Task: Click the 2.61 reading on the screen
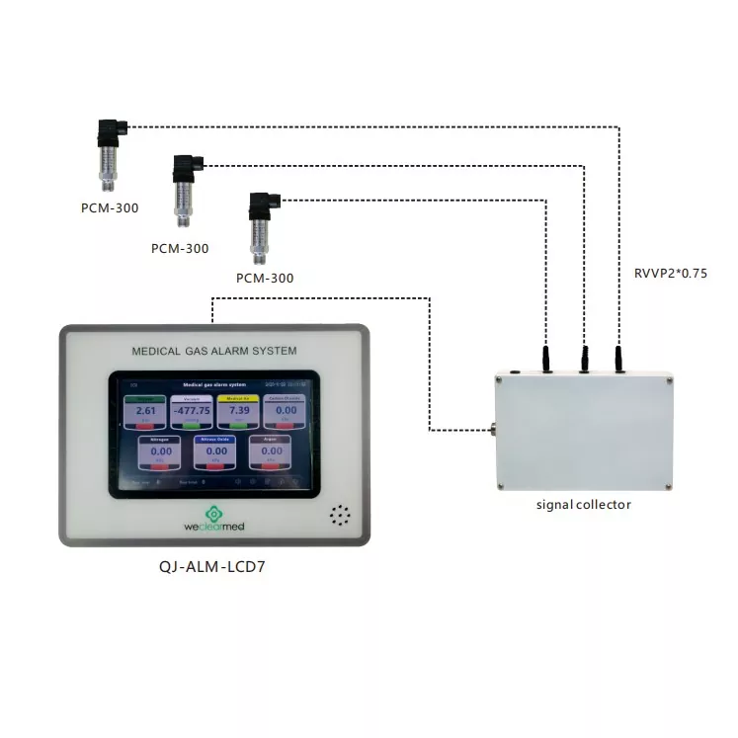click(146, 410)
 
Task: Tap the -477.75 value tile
click(192, 410)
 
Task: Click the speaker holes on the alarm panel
click(341, 515)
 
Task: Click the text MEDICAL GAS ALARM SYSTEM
click(213, 351)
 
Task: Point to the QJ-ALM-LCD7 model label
click(213, 568)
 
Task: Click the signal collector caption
click(583, 505)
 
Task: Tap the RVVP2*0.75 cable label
click(670, 274)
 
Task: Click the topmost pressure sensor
click(108, 152)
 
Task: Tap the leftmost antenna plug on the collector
click(545, 359)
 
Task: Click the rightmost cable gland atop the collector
click(619, 359)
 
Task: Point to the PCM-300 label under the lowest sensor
click(264, 278)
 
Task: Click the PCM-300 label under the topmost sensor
click(109, 207)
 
